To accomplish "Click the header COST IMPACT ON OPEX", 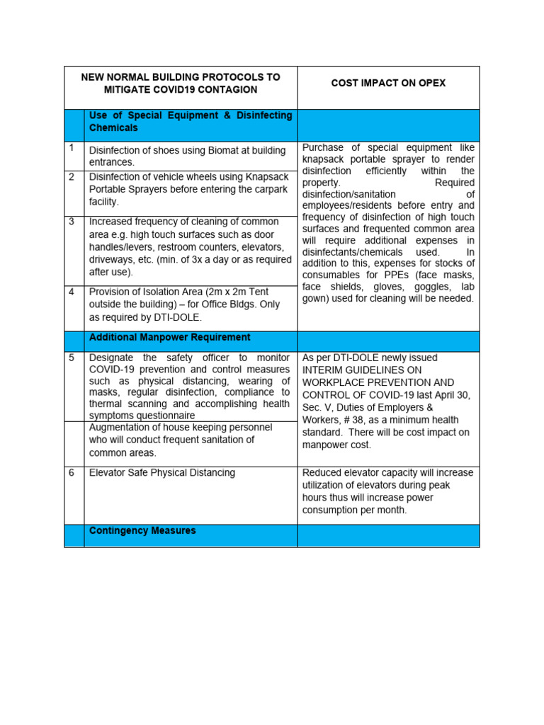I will tap(388, 83).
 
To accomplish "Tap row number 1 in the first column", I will tap(72, 148).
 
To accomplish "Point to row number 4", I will tap(72, 292).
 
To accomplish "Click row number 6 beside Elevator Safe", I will tap(72, 472).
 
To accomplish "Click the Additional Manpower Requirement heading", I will tap(169, 338).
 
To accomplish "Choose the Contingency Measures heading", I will tap(142, 530).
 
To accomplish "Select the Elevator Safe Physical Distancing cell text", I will tap(162, 472).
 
